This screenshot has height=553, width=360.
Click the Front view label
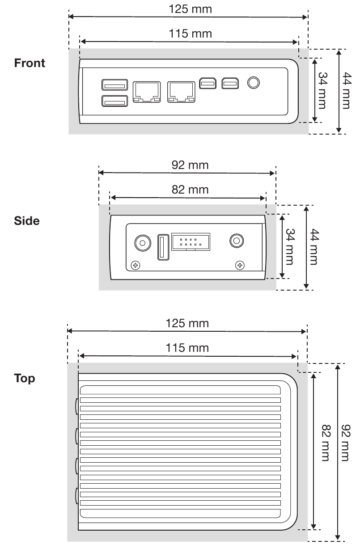pyautogui.click(x=30, y=63)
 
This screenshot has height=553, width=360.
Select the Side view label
pyautogui.click(x=27, y=221)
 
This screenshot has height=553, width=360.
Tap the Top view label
pyautogui.click(x=25, y=379)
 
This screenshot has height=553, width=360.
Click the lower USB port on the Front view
pyautogui.click(x=115, y=101)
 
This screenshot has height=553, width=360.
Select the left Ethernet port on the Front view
pyautogui.click(x=147, y=92)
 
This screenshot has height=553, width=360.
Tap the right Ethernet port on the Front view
pyautogui.click(x=182, y=92)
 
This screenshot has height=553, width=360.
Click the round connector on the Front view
pyautogui.click(x=253, y=83)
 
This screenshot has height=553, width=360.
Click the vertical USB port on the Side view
pyautogui.click(x=163, y=247)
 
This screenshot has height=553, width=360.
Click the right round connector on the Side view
pyautogui.click(x=236, y=241)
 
